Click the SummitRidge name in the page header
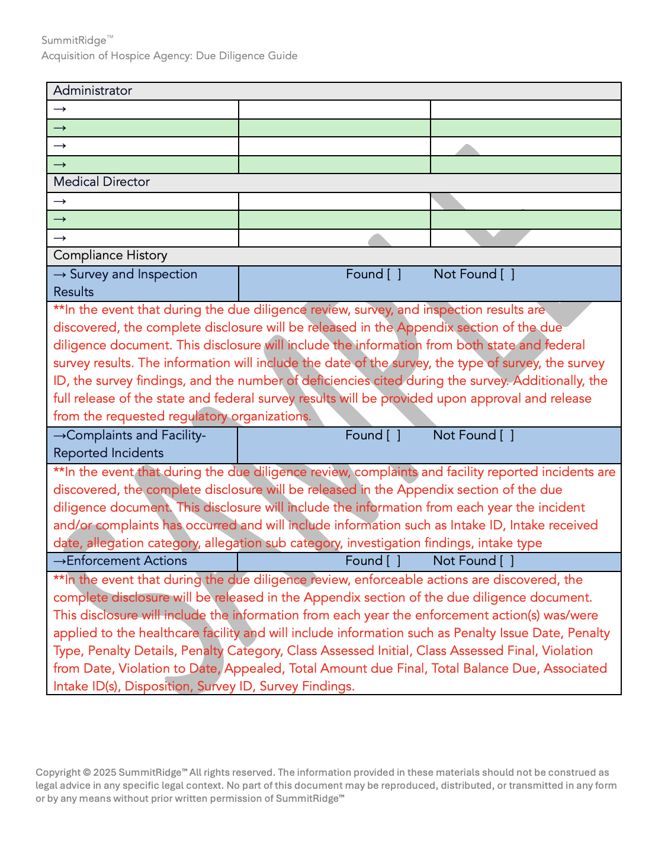pyautogui.click(x=74, y=40)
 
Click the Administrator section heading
pyautogui.click(x=92, y=91)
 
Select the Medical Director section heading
pyautogui.click(x=101, y=182)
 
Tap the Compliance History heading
pyautogui.click(x=110, y=255)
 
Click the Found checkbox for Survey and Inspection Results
pyautogui.click(x=394, y=274)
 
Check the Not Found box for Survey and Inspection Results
pyautogui.click(x=508, y=274)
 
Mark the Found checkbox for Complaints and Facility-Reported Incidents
pyautogui.click(x=393, y=435)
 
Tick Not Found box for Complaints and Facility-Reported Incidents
pyautogui.click(x=507, y=435)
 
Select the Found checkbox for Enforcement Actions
pyautogui.click(x=393, y=561)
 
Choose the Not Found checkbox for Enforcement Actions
pyautogui.click(x=507, y=561)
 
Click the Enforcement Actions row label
pyautogui.click(x=126, y=561)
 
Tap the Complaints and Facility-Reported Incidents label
pyautogui.click(x=129, y=444)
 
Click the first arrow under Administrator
pyautogui.click(x=60, y=109)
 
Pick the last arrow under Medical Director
pyautogui.click(x=60, y=238)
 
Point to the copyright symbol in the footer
pyautogui.click(x=86, y=772)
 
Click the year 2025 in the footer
pyautogui.click(x=104, y=772)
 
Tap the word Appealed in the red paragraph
pyautogui.click(x=253, y=669)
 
